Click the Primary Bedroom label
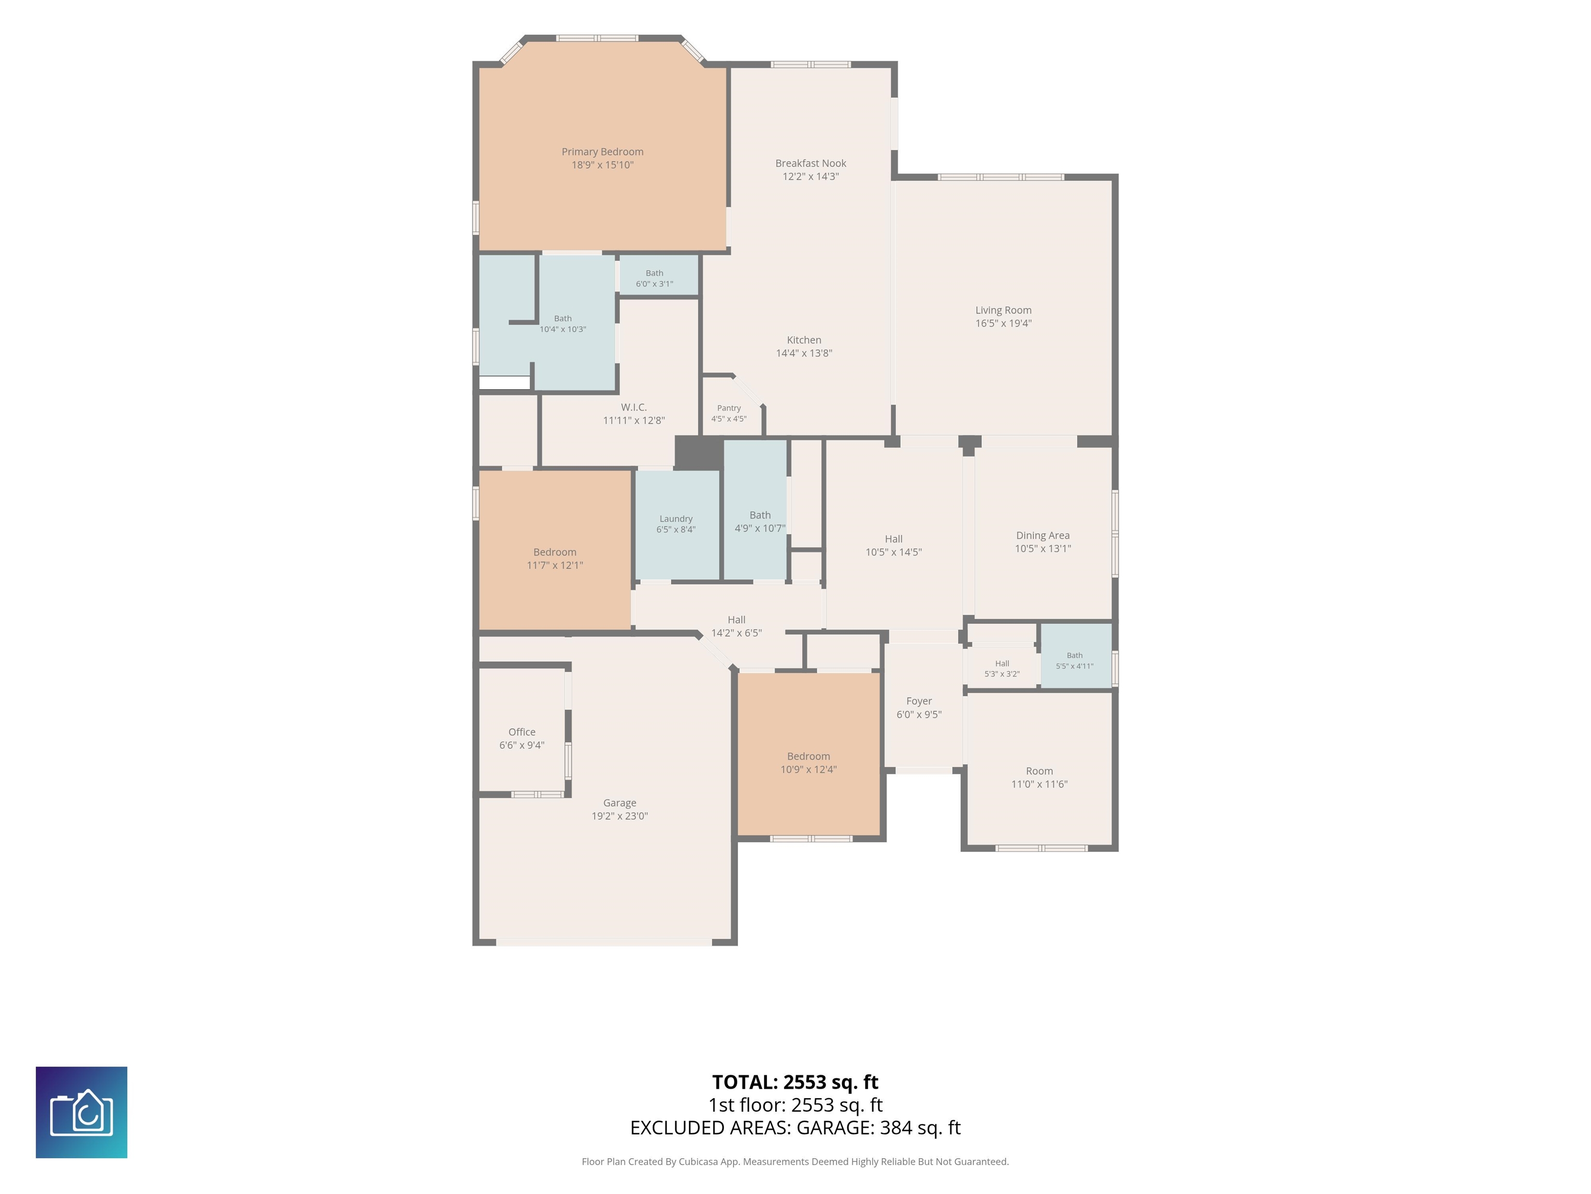[602, 152]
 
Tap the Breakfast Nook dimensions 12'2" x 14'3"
[811, 176]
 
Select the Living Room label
[1003, 310]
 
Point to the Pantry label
[729, 408]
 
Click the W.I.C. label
[634, 407]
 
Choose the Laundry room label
[676, 519]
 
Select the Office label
[522, 732]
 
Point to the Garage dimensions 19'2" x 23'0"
[620, 816]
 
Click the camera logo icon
[81, 1113]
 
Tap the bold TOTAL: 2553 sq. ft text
[795, 1083]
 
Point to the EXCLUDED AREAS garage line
[795, 1128]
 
